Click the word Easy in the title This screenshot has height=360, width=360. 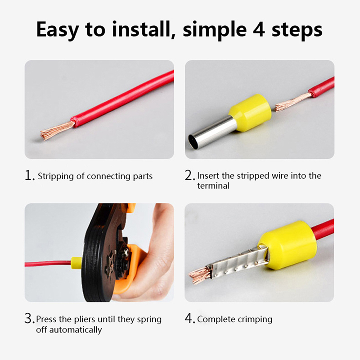coord(58,30)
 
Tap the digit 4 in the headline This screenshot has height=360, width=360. coord(259,29)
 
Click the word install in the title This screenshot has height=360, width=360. coord(144,29)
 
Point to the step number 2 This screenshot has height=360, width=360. coord(189,175)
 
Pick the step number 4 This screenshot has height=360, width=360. coord(189,318)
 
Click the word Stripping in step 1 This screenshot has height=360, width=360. coord(56,176)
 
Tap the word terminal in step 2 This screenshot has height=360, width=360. coord(213,185)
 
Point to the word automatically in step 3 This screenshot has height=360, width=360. coord(76,330)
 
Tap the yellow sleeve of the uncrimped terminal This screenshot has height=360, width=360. coord(251,112)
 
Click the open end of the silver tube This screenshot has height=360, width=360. coord(192,142)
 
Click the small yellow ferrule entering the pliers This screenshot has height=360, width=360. coord(76,263)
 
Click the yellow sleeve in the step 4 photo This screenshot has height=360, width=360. coord(288,246)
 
